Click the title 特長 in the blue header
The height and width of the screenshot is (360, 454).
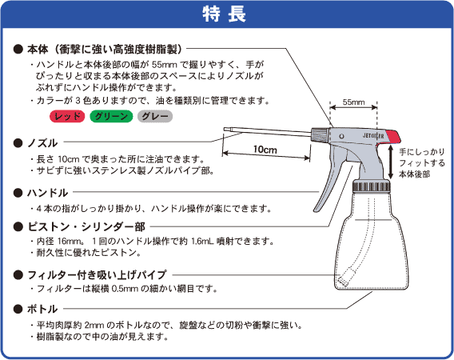tap(226, 14)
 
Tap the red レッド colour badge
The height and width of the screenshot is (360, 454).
tap(66, 117)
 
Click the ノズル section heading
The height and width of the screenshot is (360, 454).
tap(42, 142)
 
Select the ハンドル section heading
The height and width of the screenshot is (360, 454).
tap(47, 193)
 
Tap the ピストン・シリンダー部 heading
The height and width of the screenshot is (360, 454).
tap(80, 225)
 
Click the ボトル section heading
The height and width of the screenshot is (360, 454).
tap(42, 308)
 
